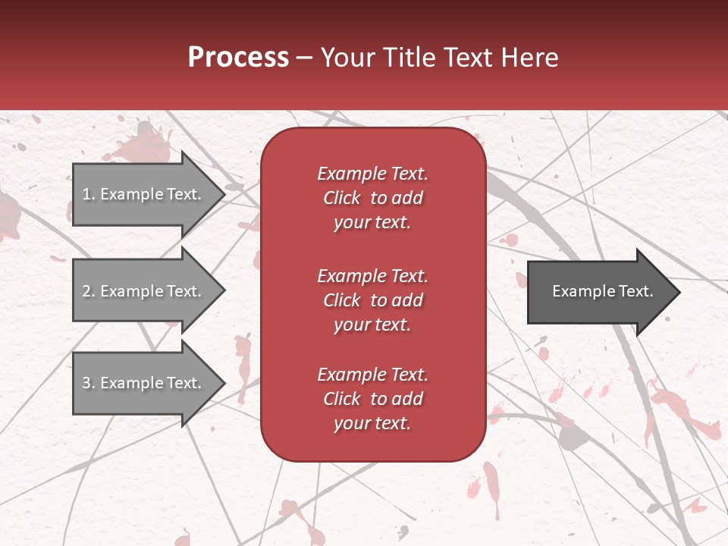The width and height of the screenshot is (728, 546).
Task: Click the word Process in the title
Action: (x=238, y=58)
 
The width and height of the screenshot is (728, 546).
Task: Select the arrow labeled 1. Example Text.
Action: (x=144, y=194)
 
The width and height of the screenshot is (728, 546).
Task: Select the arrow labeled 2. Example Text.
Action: (x=144, y=291)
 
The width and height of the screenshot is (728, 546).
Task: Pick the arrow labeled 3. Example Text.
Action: (x=144, y=383)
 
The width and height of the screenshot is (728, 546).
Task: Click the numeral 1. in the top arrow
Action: (x=89, y=194)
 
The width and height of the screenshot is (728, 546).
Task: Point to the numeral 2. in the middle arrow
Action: (x=89, y=291)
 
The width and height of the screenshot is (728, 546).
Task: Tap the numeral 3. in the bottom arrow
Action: (x=89, y=383)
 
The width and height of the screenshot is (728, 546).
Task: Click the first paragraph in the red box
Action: (x=372, y=198)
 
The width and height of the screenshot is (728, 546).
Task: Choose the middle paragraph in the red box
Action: (x=372, y=300)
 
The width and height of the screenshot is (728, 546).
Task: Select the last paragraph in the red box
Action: (x=372, y=399)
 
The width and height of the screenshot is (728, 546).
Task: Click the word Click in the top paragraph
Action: (x=342, y=198)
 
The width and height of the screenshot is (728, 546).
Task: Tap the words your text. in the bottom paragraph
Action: (x=372, y=423)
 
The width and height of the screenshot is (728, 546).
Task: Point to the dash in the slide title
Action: (x=305, y=58)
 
